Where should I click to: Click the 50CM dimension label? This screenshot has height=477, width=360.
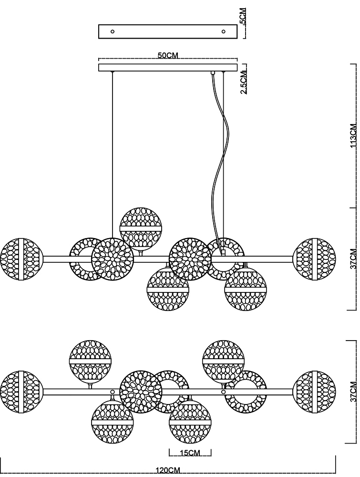tap(168, 55)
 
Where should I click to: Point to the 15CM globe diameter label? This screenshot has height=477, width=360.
tap(190, 453)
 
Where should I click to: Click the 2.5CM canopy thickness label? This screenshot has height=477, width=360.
tap(244, 82)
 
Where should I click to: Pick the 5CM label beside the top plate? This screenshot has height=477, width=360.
tap(243, 16)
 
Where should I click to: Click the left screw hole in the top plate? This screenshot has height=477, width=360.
tap(113, 31)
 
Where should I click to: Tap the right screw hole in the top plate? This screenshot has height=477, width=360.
tap(224, 31)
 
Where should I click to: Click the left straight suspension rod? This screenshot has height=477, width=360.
tap(112, 155)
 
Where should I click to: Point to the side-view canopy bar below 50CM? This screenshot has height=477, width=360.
tap(168, 68)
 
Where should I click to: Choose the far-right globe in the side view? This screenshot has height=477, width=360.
tap(314, 259)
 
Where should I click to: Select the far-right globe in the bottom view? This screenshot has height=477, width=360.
tap(314, 392)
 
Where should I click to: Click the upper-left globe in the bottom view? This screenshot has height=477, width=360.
tap(90, 361)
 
